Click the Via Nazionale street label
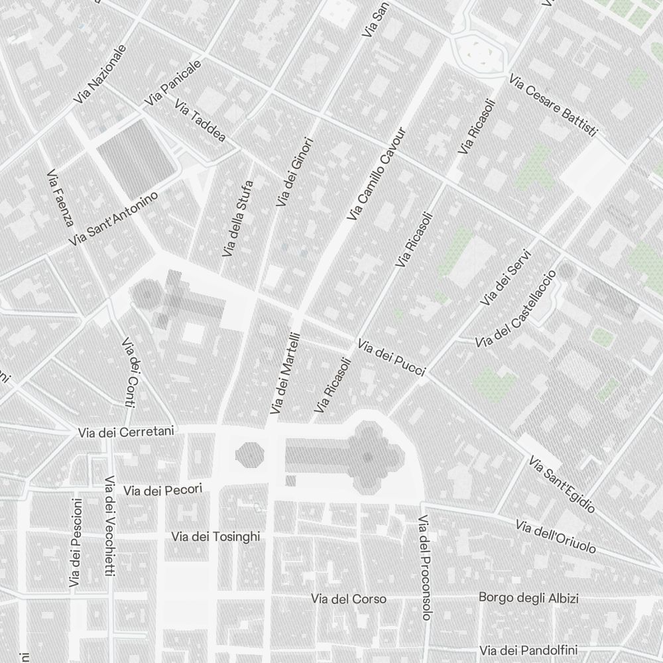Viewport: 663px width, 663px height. coord(100,74)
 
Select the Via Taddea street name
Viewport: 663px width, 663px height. coord(200,121)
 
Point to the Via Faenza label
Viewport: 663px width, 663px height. coord(60,198)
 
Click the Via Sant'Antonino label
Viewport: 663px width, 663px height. coord(113,219)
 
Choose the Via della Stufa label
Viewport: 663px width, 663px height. coord(238,218)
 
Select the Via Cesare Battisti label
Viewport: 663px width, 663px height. coord(554,106)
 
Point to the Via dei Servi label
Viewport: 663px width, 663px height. coord(507,277)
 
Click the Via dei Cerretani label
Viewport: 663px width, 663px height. coord(126,432)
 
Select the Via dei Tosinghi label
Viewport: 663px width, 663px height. coord(215,536)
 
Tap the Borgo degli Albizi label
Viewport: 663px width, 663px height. coord(528,598)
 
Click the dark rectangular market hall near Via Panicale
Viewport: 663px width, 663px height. coord(136,151)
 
